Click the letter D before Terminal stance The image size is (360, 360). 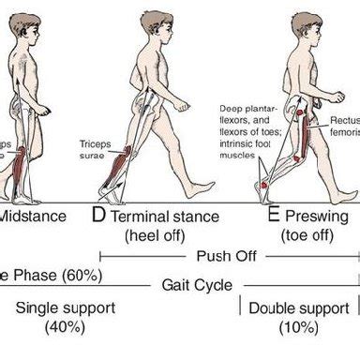(x=98, y=217)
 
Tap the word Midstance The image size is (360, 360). (x=32, y=217)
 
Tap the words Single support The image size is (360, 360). (x=64, y=307)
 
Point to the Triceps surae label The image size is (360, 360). (x=97, y=150)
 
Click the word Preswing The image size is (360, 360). (x=319, y=217)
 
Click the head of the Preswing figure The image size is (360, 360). (x=307, y=24)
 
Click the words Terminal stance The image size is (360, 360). (x=165, y=217)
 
